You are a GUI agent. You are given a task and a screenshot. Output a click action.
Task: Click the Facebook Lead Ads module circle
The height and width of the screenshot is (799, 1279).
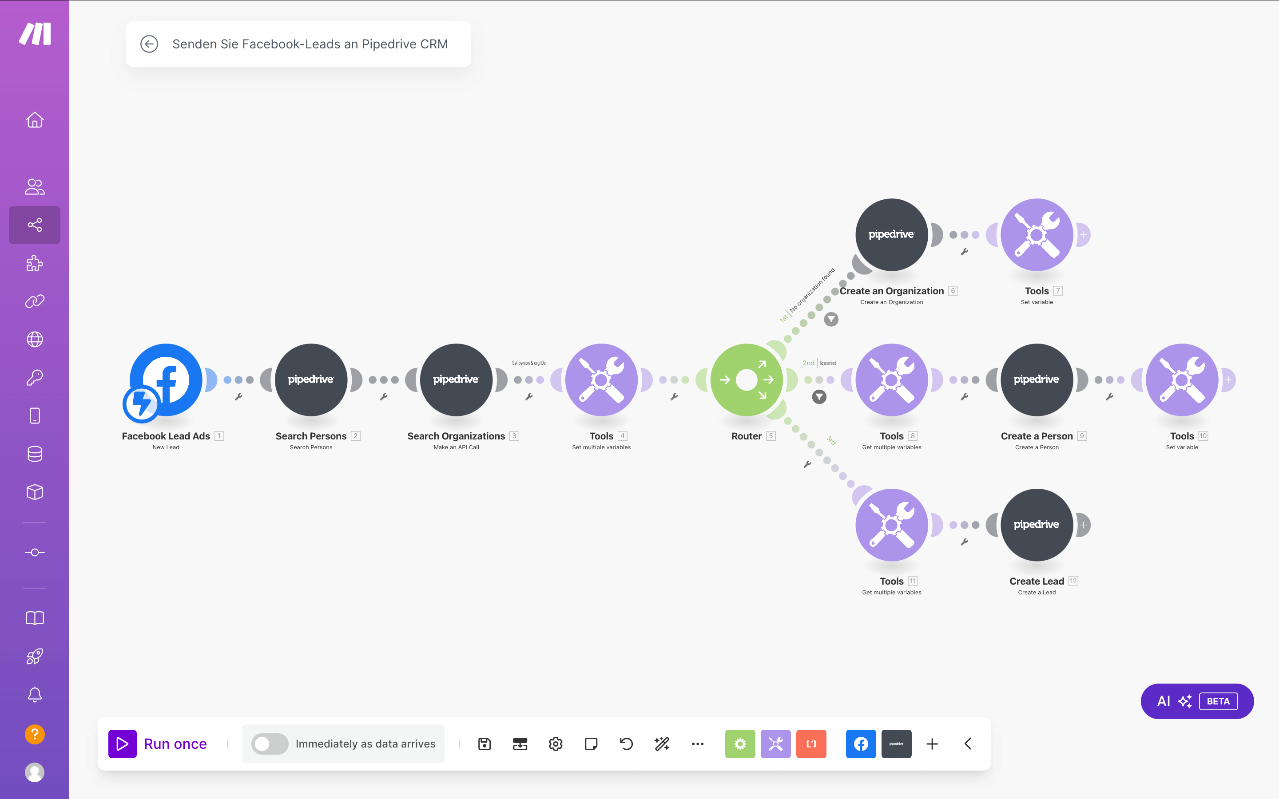166,380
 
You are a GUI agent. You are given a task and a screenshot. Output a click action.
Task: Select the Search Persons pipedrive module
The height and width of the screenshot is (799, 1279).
311,380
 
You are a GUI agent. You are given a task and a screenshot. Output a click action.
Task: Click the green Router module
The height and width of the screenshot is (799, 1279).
746,380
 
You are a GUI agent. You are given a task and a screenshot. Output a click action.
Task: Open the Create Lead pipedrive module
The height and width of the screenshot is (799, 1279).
1037,525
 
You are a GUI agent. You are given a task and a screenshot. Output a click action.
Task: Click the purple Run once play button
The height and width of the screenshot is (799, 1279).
123,744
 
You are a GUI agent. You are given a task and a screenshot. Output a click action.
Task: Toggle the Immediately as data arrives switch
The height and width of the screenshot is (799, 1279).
270,744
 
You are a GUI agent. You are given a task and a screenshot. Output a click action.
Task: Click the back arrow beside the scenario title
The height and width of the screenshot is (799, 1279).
149,44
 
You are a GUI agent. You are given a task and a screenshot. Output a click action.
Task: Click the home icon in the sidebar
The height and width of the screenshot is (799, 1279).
35,120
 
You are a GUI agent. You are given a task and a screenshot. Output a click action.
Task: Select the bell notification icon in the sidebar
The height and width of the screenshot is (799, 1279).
35,694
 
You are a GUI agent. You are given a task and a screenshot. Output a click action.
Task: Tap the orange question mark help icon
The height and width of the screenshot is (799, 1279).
35,734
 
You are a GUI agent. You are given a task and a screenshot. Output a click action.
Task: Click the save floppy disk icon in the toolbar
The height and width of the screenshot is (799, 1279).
484,744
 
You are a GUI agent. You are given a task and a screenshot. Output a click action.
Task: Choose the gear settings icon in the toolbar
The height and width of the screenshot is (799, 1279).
556,744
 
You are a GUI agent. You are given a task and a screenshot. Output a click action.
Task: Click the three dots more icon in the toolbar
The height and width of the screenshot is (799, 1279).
697,744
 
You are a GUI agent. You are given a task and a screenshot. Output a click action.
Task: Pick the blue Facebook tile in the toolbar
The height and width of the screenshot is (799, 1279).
860,744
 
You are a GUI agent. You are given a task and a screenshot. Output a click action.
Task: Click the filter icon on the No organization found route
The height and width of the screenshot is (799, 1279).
831,319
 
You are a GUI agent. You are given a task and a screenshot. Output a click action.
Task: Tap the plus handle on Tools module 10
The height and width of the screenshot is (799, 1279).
1229,380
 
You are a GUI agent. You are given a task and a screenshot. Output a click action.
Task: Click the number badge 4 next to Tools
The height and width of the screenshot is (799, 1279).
623,436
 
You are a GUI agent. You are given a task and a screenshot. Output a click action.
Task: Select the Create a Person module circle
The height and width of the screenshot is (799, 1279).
1037,380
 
